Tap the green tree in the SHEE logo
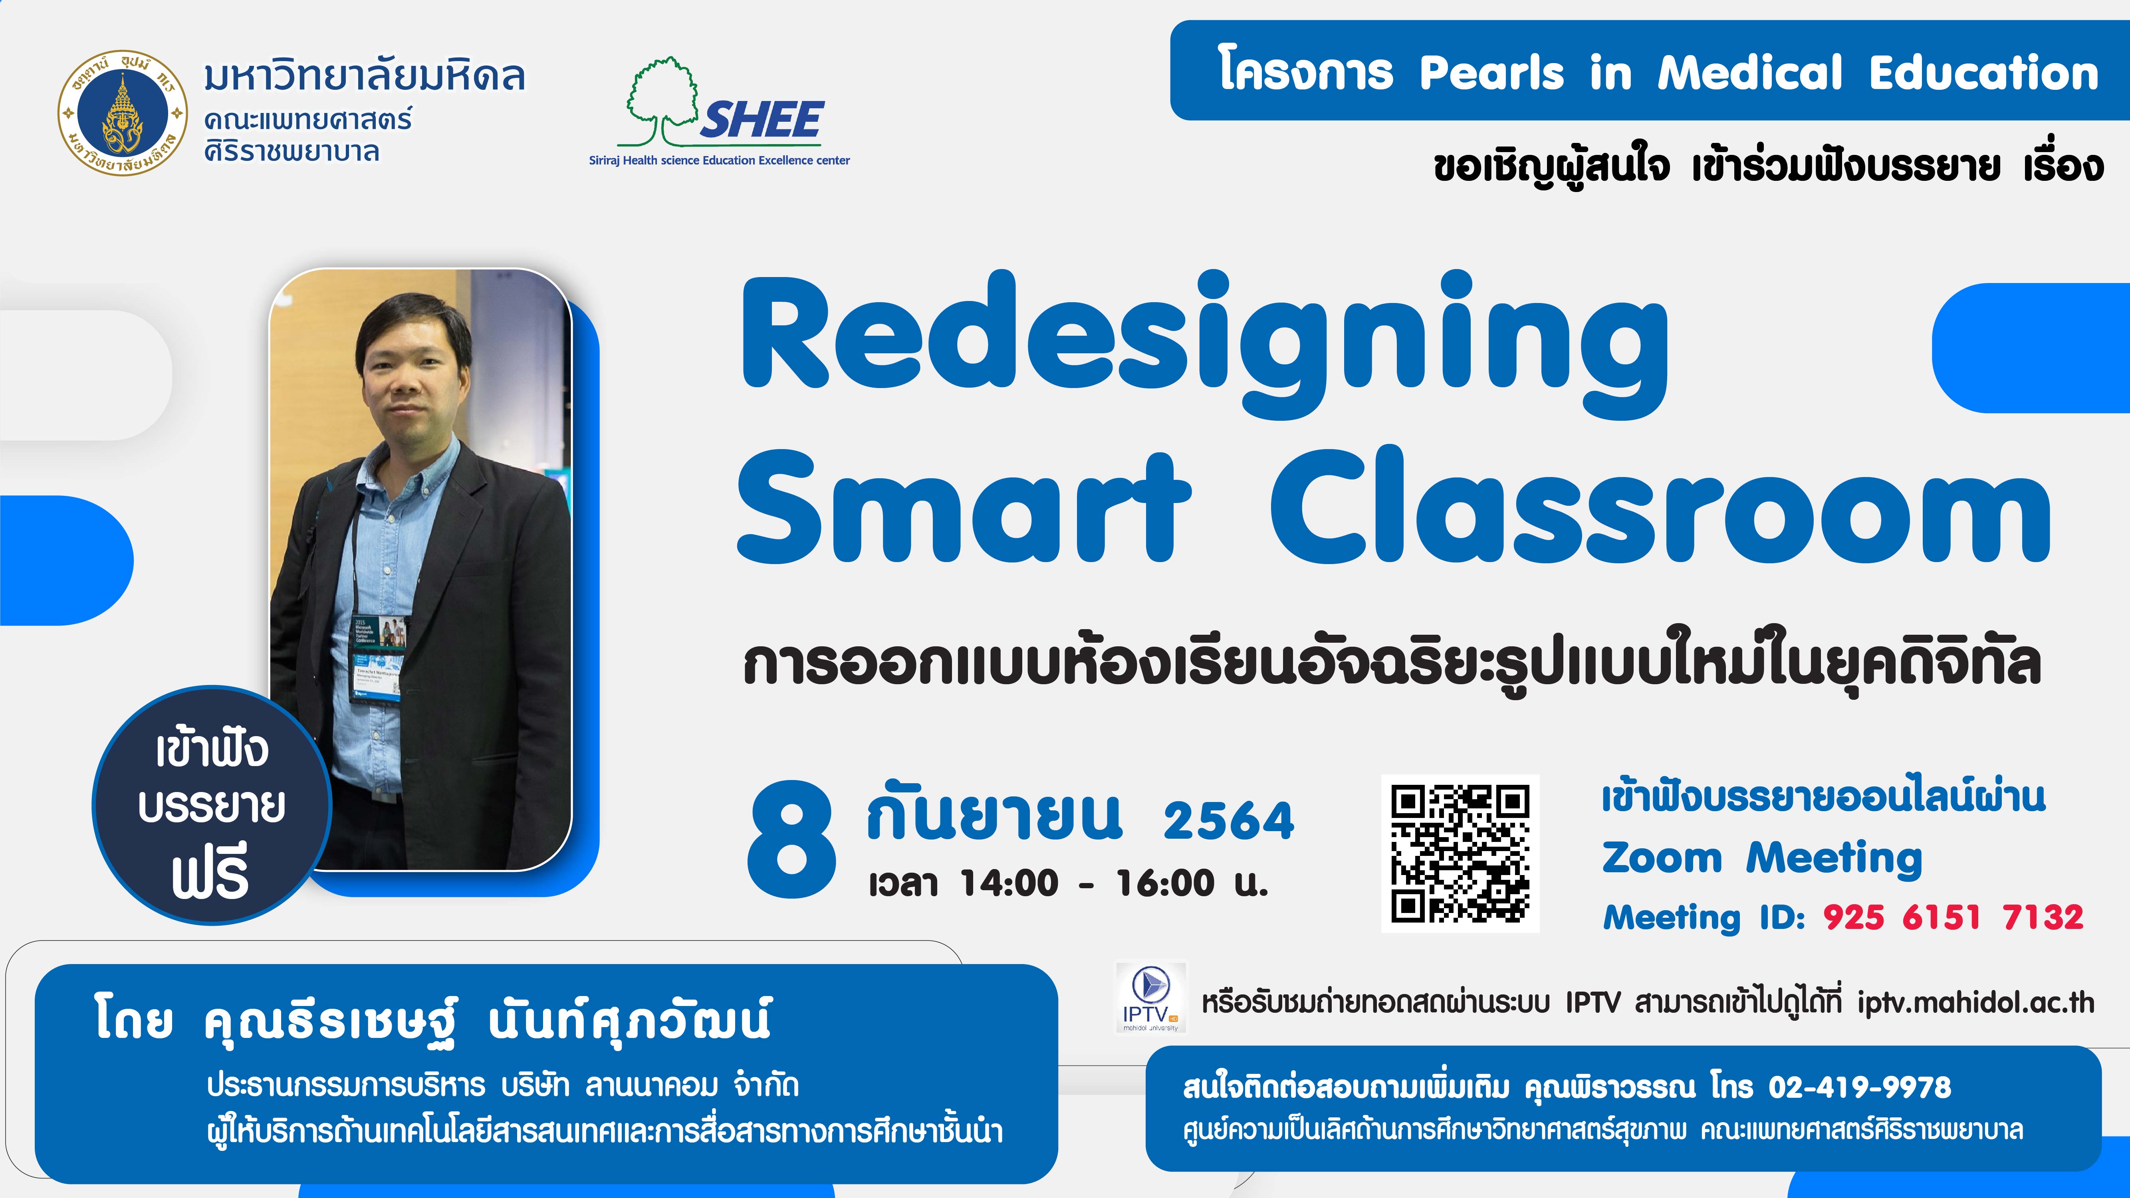coord(662,101)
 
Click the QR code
coord(1460,853)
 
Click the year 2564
coord(1229,821)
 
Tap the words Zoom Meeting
coord(1762,857)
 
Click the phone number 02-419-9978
coord(1860,1086)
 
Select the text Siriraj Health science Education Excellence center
coord(719,160)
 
